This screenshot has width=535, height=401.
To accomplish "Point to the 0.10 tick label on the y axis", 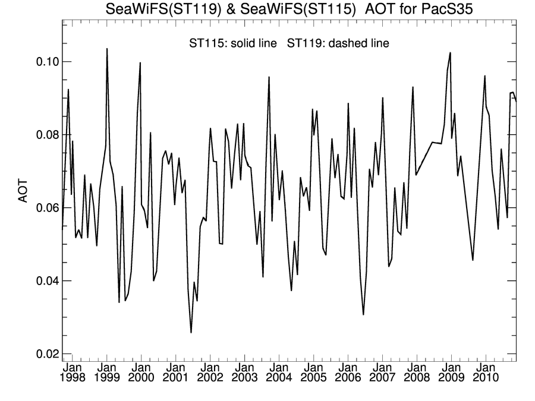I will click(x=45, y=62).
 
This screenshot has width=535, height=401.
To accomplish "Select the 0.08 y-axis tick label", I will click(x=45, y=135).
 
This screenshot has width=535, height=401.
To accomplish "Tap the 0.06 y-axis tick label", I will click(x=45, y=208).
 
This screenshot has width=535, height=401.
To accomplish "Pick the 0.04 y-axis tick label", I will click(x=45, y=281).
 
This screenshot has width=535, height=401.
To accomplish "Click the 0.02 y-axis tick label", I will click(x=45, y=354).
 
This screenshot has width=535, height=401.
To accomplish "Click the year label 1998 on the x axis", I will click(x=73, y=377).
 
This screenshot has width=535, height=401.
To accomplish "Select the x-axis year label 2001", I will click(x=176, y=377).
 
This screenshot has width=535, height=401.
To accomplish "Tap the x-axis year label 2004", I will click(x=279, y=377).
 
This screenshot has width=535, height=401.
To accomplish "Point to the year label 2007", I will click(x=383, y=377).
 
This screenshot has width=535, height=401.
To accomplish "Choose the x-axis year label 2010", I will click(x=486, y=377).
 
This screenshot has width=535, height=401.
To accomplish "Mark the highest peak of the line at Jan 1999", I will click(x=107, y=49).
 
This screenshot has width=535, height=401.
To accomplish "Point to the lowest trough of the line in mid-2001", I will click(x=191, y=333).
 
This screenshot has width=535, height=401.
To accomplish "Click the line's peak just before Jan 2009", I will click(x=451, y=53).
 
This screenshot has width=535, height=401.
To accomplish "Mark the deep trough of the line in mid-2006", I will click(x=363, y=315).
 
